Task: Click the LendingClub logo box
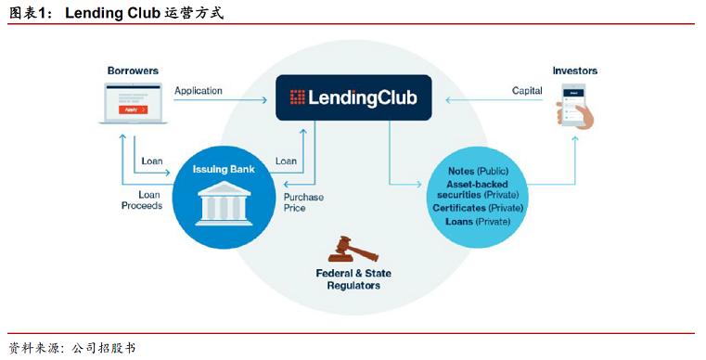353,97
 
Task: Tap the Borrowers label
133,71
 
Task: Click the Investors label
574,71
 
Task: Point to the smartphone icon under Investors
575,104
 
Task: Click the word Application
199,90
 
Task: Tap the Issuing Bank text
224,170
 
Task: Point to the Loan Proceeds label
142,199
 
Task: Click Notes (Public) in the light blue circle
479,172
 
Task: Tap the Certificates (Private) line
479,208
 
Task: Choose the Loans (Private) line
479,222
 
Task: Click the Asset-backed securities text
479,189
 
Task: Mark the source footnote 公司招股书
102,348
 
